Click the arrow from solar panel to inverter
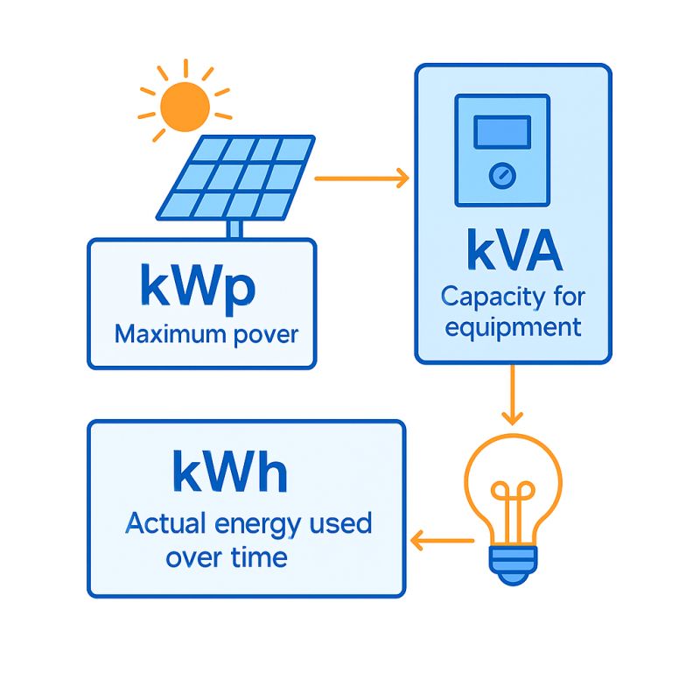(361, 179)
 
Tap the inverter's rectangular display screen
(501, 132)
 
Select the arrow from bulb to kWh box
(443, 542)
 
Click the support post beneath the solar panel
(234, 229)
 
